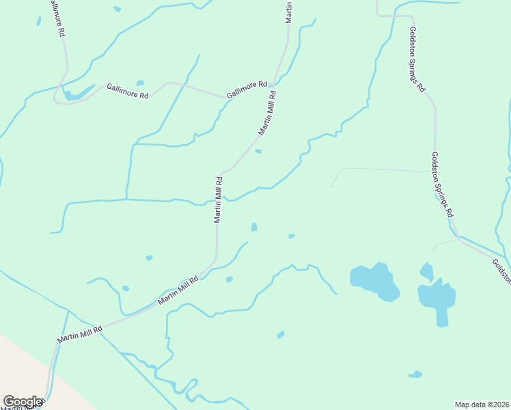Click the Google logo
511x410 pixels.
pyautogui.click(x=22, y=402)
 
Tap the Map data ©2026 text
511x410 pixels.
pyautogui.click(x=482, y=404)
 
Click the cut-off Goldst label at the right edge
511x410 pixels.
pyautogui.click(x=501, y=270)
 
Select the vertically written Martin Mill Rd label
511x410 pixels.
pyautogui.click(x=219, y=200)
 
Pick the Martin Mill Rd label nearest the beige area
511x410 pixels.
pyautogui.click(x=80, y=333)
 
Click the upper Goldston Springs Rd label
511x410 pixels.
pyautogui.click(x=417, y=59)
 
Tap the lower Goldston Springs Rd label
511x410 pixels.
pyautogui.click(x=442, y=184)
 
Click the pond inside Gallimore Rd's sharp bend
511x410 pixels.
pyautogui.click(x=77, y=94)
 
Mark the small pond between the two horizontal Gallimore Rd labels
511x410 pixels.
pyautogui.click(x=140, y=83)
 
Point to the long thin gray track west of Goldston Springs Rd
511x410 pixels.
pyautogui.click(x=386, y=169)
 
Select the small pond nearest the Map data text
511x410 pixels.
pyautogui.click(x=415, y=374)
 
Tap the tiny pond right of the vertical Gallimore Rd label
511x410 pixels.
pyautogui.click(x=118, y=9)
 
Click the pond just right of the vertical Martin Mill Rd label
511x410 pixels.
pyautogui.click(x=254, y=227)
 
